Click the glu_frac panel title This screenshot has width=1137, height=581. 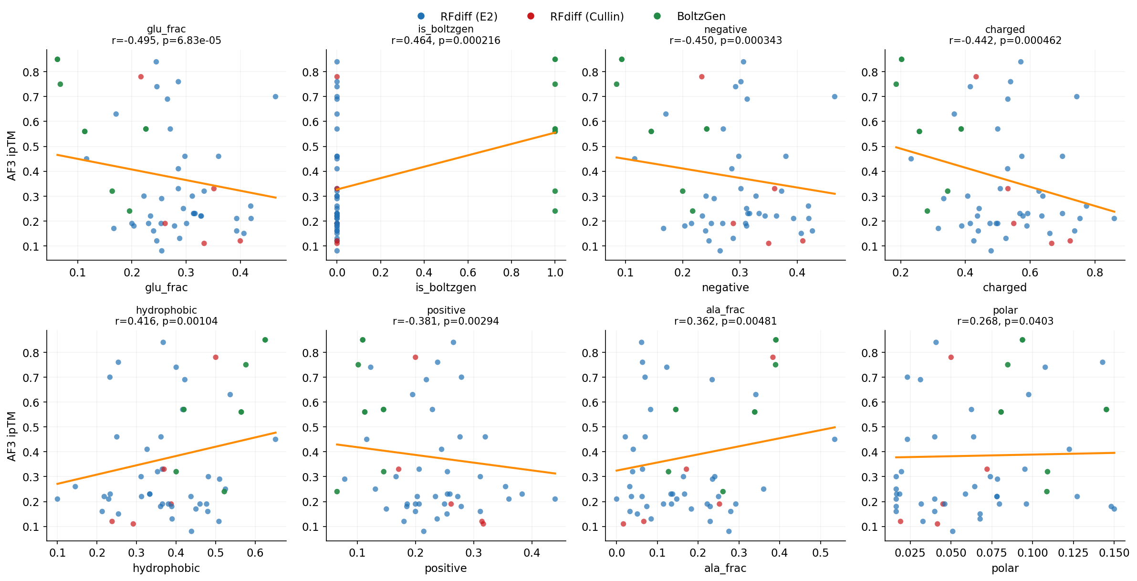pyautogui.click(x=166, y=30)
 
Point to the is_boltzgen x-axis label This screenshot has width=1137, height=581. pyautogui.click(x=446, y=287)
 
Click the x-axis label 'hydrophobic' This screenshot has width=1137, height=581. pyautogui.click(x=166, y=568)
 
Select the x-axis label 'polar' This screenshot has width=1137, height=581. pyautogui.click(x=1005, y=568)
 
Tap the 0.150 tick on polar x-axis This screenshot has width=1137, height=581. pyautogui.click(x=1114, y=553)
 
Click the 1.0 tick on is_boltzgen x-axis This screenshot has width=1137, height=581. pyautogui.click(x=555, y=273)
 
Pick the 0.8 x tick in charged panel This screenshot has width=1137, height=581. pyautogui.click(x=1095, y=273)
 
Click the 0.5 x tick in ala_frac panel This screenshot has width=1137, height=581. pyautogui.click(x=821, y=553)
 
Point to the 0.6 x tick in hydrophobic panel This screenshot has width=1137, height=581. pyautogui.click(x=255, y=553)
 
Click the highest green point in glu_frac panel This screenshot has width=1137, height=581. pyautogui.click(x=57, y=59)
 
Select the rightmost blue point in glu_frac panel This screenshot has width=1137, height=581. pyautogui.click(x=275, y=96)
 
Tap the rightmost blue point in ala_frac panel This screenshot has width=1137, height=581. pyautogui.click(x=834, y=439)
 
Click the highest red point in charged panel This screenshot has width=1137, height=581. pyautogui.click(x=976, y=77)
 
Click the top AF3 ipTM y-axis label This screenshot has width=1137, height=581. pyautogui.click(x=12, y=156)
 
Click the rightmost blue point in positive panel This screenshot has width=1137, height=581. pyautogui.click(x=555, y=499)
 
